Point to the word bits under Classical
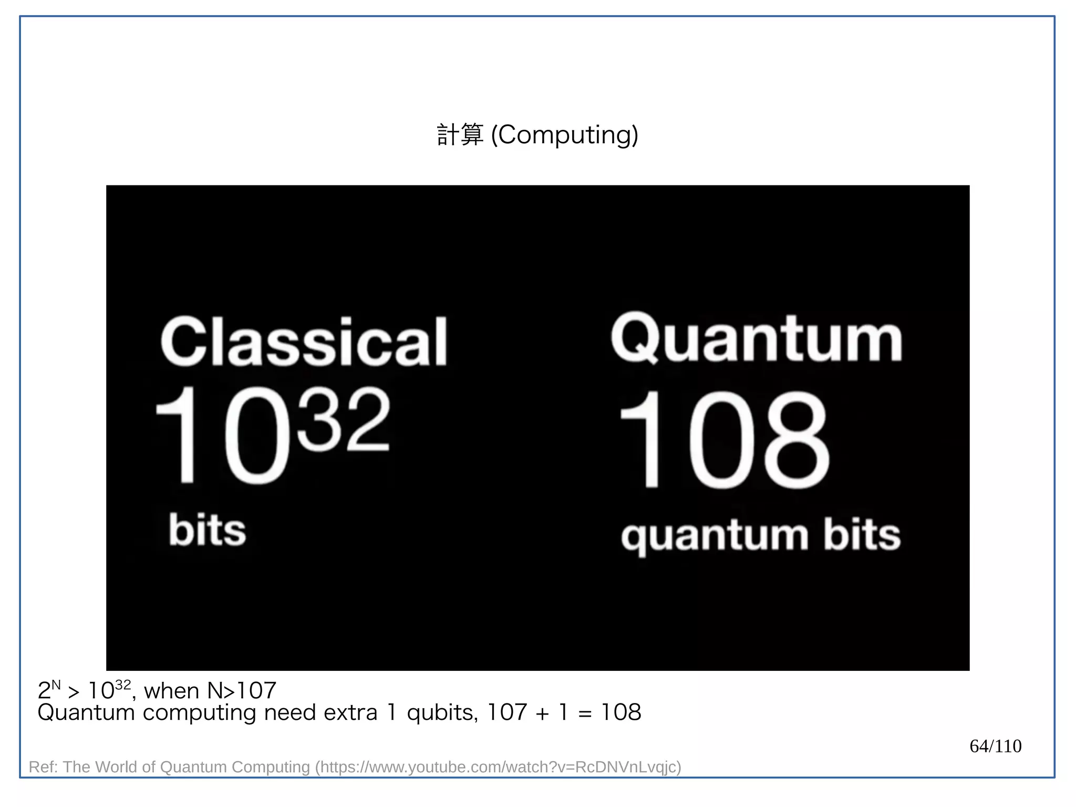click(207, 530)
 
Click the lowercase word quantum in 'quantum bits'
click(714, 536)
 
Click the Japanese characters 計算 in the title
click(460, 135)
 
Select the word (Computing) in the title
click(564, 136)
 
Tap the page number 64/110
click(995, 746)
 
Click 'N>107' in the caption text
click(242, 691)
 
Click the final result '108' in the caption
click(621, 713)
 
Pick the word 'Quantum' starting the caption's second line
click(86, 713)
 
